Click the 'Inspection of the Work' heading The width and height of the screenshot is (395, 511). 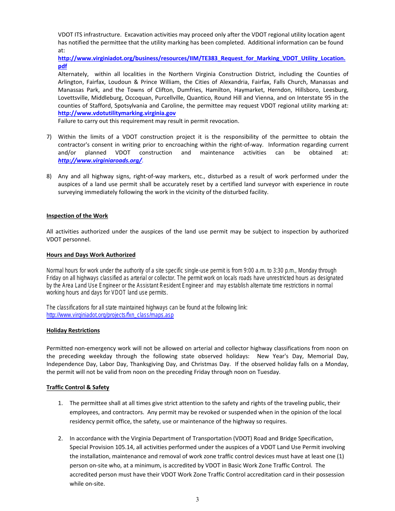(77, 216)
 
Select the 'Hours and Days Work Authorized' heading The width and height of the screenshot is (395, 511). (91, 255)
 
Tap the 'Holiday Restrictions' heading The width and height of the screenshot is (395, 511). (73, 330)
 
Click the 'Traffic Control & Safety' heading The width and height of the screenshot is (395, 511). (78, 387)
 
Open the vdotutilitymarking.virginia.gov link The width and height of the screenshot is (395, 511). (116, 113)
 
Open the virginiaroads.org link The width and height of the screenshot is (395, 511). (100, 160)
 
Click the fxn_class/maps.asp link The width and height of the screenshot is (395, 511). (110, 315)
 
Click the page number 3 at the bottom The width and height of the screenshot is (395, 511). (197, 499)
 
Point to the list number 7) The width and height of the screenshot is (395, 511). (49, 137)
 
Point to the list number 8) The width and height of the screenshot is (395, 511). (49, 176)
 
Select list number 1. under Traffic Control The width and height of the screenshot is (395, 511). (60, 403)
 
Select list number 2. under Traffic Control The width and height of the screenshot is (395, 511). (60, 438)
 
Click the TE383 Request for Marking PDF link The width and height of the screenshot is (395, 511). (201, 59)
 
